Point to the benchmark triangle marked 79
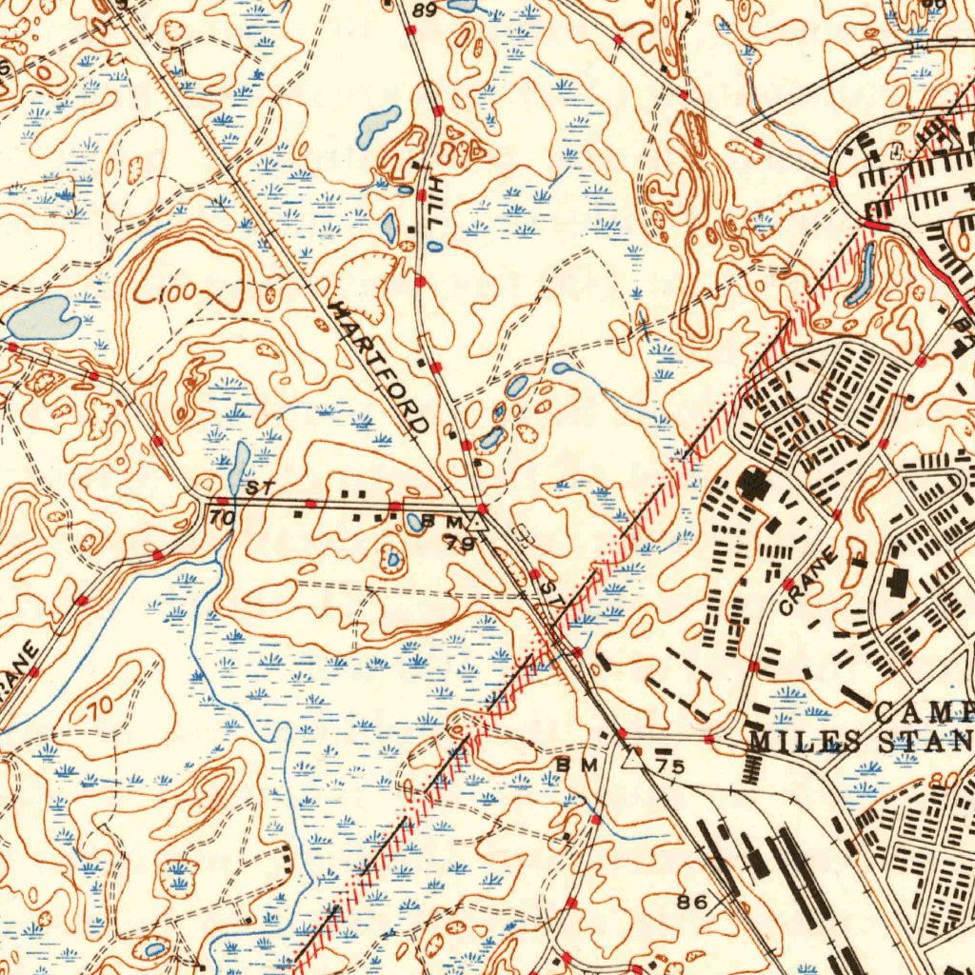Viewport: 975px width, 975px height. pyautogui.click(x=477, y=523)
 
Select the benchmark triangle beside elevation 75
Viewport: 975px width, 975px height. pyautogui.click(x=630, y=760)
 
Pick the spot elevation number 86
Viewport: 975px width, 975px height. pyautogui.click(x=692, y=900)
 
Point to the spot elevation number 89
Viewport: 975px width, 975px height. pyautogui.click(x=424, y=10)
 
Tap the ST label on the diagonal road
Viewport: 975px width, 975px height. pyautogui.click(x=547, y=594)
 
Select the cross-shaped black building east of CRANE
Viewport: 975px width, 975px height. pyautogui.click(x=898, y=582)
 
